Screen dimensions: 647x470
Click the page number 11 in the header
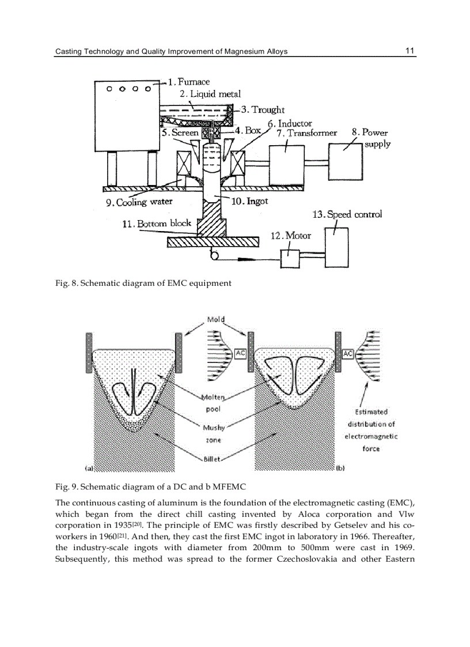pyautogui.click(x=410, y=51)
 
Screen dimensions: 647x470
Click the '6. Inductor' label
pyautogui.click(x=290, y=123)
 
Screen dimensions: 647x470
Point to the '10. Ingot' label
pyautogui.click(x=249, y=202)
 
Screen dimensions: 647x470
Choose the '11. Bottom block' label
pyautogui.click(x=156, y=224)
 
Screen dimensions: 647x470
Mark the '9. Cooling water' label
pyautogui.click(x=139, y=202)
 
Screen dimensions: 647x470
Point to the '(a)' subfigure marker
pyautogui.click(x=89, y=468)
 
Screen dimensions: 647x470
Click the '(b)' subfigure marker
pyautogui.click(x=340, y=468)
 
